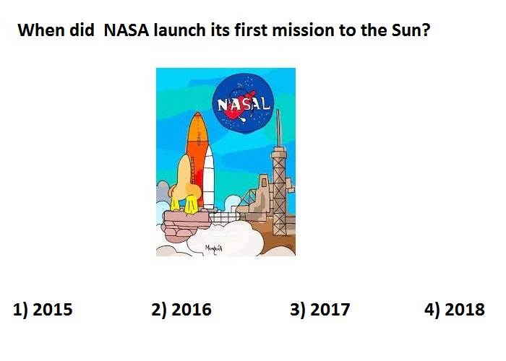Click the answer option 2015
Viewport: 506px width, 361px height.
coord(43,310)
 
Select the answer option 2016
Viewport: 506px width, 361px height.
coord(181,310)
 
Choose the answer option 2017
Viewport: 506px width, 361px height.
coord(320,310)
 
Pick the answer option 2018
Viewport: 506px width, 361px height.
coord(455,310)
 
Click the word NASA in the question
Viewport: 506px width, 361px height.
coord(126,30)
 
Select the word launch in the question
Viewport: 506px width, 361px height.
coord(179,30)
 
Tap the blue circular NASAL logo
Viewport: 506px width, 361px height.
coord(244,103)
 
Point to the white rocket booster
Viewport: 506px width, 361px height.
coord(209,178)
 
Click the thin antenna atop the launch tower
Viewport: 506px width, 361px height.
coord(278,128)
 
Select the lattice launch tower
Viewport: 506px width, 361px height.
coord(279,191)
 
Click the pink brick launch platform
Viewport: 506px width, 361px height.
coord(186,222)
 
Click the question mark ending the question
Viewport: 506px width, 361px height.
coord(426,30)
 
